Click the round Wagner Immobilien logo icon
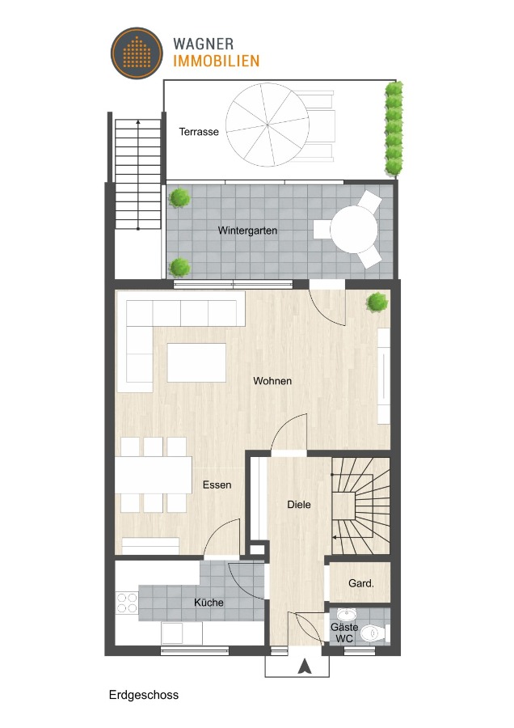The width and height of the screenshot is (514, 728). click(x=137, y=53)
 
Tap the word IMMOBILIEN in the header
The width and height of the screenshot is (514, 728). click(x=216, y=61)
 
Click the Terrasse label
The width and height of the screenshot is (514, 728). click(x=199, y=131)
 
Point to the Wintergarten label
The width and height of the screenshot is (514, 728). click(x=247, y=231)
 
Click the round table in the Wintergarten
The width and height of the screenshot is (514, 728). click(x=353, y=228)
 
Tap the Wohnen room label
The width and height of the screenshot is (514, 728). click(x=272, y=381)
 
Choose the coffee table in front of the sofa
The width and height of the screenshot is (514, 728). click(x=196, y=362)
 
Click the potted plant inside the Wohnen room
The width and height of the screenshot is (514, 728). click(x=377, y=303)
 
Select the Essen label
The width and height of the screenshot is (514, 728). click(x=217, y=485)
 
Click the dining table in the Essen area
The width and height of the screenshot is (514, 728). click(x=154, y=475)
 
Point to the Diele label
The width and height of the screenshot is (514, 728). click(x=299, y=505)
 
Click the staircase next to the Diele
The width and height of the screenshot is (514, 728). click(x=361, y=506)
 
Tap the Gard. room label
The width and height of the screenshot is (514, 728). click(x=360, y=583)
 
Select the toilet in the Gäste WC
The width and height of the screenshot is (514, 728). click(x=373, y=632)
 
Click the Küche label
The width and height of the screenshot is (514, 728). click(x=209, y=603)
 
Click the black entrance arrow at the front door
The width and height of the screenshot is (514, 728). click(x=305, y=667)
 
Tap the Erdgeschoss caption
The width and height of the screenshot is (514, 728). click(x=144, y=695)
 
